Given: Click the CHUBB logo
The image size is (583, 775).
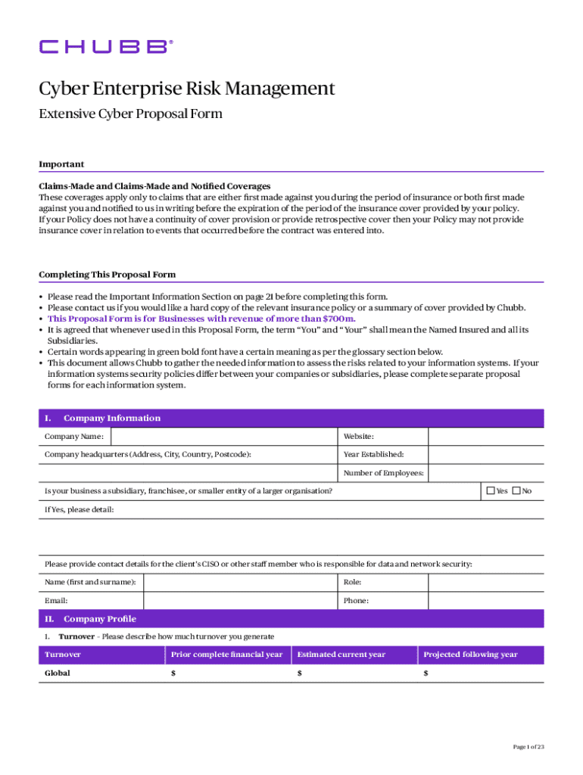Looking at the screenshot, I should [x=106, y=47].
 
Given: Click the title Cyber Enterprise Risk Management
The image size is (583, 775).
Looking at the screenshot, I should [x=186, y=89].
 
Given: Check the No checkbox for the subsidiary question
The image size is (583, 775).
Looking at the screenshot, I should [x=516, y=491].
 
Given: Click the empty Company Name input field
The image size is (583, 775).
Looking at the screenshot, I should [x=224, y=437].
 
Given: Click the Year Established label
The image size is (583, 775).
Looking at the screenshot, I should [x=373, y=455].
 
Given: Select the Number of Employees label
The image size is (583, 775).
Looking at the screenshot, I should [x=383, y=474].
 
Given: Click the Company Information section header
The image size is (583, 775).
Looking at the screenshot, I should [x=111, y=419].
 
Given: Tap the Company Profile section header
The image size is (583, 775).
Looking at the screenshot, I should [x=99, y=619].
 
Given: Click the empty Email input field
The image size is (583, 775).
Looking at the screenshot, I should [x=240, y=601].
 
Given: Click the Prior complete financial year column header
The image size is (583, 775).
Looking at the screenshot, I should [x=227, y=655].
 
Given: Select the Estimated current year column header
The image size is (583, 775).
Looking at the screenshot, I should [x=341, y=655].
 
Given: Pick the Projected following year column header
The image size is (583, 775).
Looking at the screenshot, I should [x=470, y=655].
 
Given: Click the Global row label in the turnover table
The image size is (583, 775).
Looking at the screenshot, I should [x=58, y=673].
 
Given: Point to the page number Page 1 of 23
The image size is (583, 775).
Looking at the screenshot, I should [x=528, y=747].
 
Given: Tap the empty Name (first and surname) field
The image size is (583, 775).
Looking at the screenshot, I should [x=240, y=583].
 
